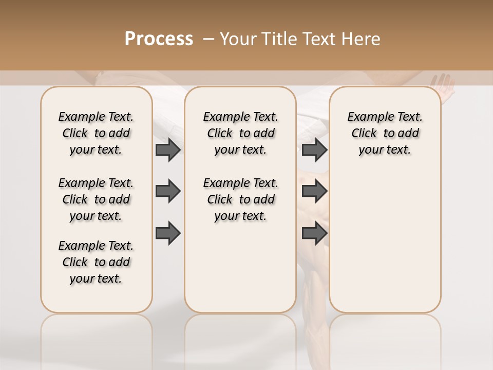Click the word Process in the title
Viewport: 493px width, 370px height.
click(159, 39)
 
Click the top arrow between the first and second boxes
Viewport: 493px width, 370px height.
click(168, 150)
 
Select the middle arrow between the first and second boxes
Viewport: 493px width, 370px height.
click(168, 191)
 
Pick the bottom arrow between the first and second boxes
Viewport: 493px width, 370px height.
click(168, 233)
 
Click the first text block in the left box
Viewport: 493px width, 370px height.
click(96, 133)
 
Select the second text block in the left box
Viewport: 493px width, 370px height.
click(96, 199)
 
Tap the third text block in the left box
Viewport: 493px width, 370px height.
click(96, 262)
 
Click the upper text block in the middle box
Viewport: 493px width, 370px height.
click(240, 133)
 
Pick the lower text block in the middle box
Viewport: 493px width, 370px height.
click(240, 199)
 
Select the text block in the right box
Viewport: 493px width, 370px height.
click(385, 133)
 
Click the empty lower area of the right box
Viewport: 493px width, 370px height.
click(385, 242)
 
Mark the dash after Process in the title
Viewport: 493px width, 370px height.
click(209, 39)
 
